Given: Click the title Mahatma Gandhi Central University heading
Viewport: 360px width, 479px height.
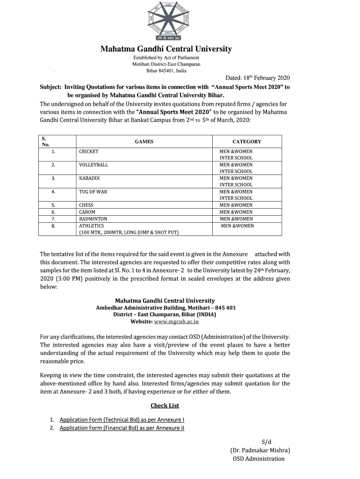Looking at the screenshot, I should tap(167, 49).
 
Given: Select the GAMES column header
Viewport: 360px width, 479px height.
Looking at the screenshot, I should tap(144, 142).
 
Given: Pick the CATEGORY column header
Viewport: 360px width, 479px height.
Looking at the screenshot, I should tap(247, 142).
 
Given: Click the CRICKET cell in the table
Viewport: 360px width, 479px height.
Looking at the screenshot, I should tap(89, 152).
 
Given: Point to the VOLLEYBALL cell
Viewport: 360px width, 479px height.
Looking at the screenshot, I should tap(94, 165).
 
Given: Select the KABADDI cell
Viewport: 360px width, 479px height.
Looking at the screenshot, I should tap(89, 178).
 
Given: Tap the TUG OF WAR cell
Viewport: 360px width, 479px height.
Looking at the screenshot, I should tap(93, 192).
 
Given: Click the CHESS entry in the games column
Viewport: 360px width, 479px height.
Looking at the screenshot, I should tap(86, 205).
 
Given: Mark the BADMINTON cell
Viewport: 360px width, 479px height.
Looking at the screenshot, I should tap(93, 219).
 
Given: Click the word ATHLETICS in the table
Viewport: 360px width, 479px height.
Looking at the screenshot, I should tap(92, 225).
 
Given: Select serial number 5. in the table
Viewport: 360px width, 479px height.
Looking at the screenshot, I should tap(54, 205).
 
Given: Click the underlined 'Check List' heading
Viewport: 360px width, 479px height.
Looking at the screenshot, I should tap(165, 406).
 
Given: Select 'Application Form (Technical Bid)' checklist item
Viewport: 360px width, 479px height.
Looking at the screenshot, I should tap(122, 420).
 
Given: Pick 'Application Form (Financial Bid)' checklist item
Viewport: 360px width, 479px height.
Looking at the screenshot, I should tap(122, 428).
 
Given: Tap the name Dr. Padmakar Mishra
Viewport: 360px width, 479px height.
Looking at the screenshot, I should tap(260, 450).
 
